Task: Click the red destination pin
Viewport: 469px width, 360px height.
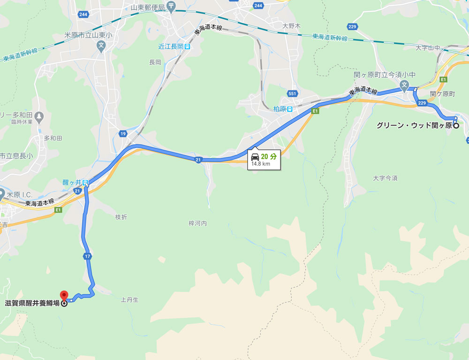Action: (x=65, y=296)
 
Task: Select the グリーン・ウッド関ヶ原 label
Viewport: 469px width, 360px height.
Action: (x=414, y=126)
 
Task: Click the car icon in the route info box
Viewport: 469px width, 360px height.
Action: (x=255, y=157)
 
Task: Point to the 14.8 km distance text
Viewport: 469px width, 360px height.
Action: (x=261, y=164)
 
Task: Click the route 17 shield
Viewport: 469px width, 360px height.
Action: (x=87, y=256)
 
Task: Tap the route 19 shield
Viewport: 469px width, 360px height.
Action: (x=123, y=134)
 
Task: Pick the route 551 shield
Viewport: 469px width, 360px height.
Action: (x=292, y=93)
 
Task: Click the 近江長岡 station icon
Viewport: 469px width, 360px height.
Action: (x=188, y=46)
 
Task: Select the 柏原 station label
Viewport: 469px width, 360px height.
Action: (x=280, y=108)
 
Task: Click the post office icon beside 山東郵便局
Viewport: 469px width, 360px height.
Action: (x=170, y=7)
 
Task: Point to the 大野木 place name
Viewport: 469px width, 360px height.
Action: (x=291, y=25)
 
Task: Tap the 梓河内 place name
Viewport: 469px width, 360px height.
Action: (x=197, y=223)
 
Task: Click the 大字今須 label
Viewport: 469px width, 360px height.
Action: (x=385, y=178)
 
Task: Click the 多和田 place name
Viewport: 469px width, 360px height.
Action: (x=53, y=138)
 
